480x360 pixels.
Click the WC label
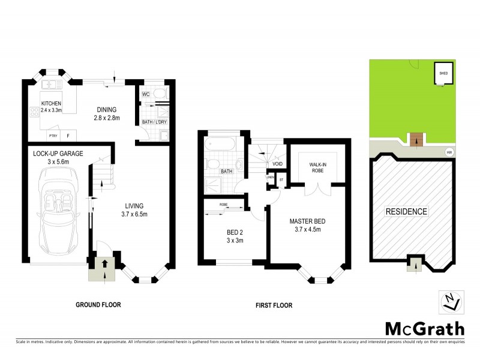[146, 95]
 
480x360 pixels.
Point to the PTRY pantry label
[53, 136]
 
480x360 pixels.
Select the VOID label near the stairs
[277, 164]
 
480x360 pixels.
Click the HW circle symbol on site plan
[449, 152]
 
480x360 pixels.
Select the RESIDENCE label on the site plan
[406, 211]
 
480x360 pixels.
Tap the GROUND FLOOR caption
[98, 305]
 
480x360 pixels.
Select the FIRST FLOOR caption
[273, 305]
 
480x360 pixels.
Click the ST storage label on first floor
[281, 179]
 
